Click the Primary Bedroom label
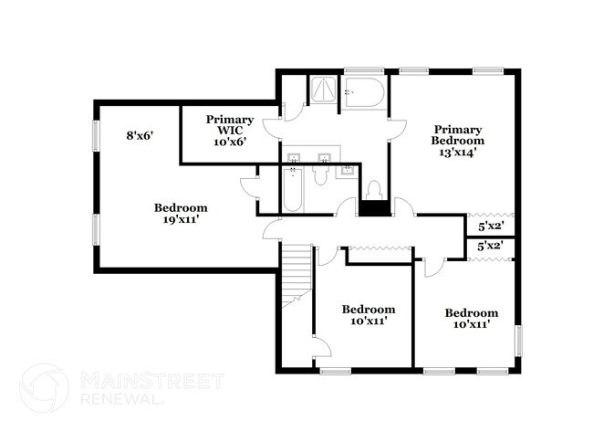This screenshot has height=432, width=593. (x=458, y=142)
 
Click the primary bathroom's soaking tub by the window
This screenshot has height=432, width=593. (x=365, y=93)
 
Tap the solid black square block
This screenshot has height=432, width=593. (x=373, y=207)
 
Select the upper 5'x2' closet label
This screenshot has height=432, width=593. (x=491, y=226)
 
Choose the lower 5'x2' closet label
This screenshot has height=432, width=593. (x=491, y=246)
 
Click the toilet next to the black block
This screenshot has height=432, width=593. (x=373, y=190)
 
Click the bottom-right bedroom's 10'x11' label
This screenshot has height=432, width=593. (x=471, y=319)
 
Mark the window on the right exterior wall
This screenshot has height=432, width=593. (x=520, y=342)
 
